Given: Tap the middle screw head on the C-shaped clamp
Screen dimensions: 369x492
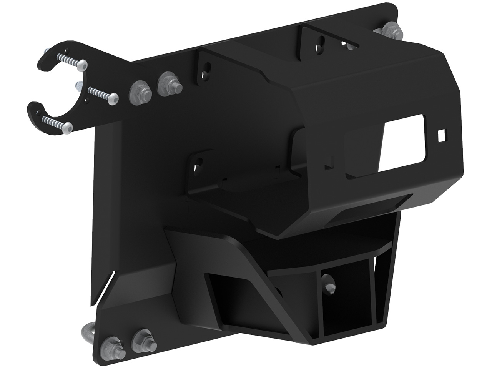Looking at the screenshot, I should coord(112,98).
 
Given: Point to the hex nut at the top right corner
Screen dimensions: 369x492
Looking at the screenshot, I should coord(391,30).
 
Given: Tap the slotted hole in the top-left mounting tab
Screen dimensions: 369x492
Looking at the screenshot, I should coord(206,68).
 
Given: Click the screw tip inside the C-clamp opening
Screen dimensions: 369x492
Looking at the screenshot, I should coord(78,85).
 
